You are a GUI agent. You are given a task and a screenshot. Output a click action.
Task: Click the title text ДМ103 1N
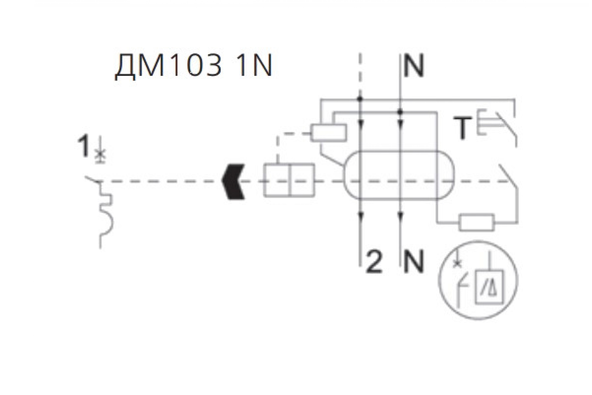193,66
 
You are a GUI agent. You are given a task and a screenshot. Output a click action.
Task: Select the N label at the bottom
414,262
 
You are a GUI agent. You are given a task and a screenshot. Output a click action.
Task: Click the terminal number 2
374,262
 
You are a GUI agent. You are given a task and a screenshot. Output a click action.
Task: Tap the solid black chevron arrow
233,182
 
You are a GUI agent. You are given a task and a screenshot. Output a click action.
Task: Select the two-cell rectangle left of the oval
289,180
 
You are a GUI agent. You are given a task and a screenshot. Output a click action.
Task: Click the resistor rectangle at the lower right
477,222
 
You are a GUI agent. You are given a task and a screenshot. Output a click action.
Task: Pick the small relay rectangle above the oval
328,133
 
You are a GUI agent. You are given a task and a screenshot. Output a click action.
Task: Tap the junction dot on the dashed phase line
360,99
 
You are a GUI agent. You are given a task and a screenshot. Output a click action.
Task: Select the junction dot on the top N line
400,112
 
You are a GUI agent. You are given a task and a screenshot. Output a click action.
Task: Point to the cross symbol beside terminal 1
100,153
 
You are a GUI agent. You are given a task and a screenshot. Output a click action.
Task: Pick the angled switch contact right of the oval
508,176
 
